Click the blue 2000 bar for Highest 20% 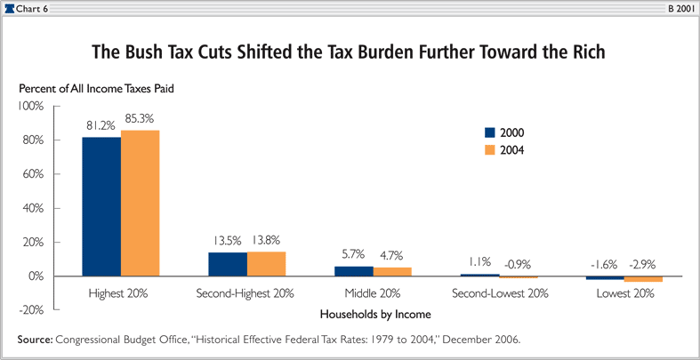coord(101,206)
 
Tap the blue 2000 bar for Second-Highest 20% coord(228,264)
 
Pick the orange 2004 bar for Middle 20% coord(391,272)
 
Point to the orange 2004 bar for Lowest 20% coord(643,279)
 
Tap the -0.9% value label coord(519,263)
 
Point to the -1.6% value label coord(604,263)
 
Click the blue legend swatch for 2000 coord(488,132)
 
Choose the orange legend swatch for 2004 coord(488,150)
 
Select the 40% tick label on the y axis coord(33,208)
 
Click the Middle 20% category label coord(374,293)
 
